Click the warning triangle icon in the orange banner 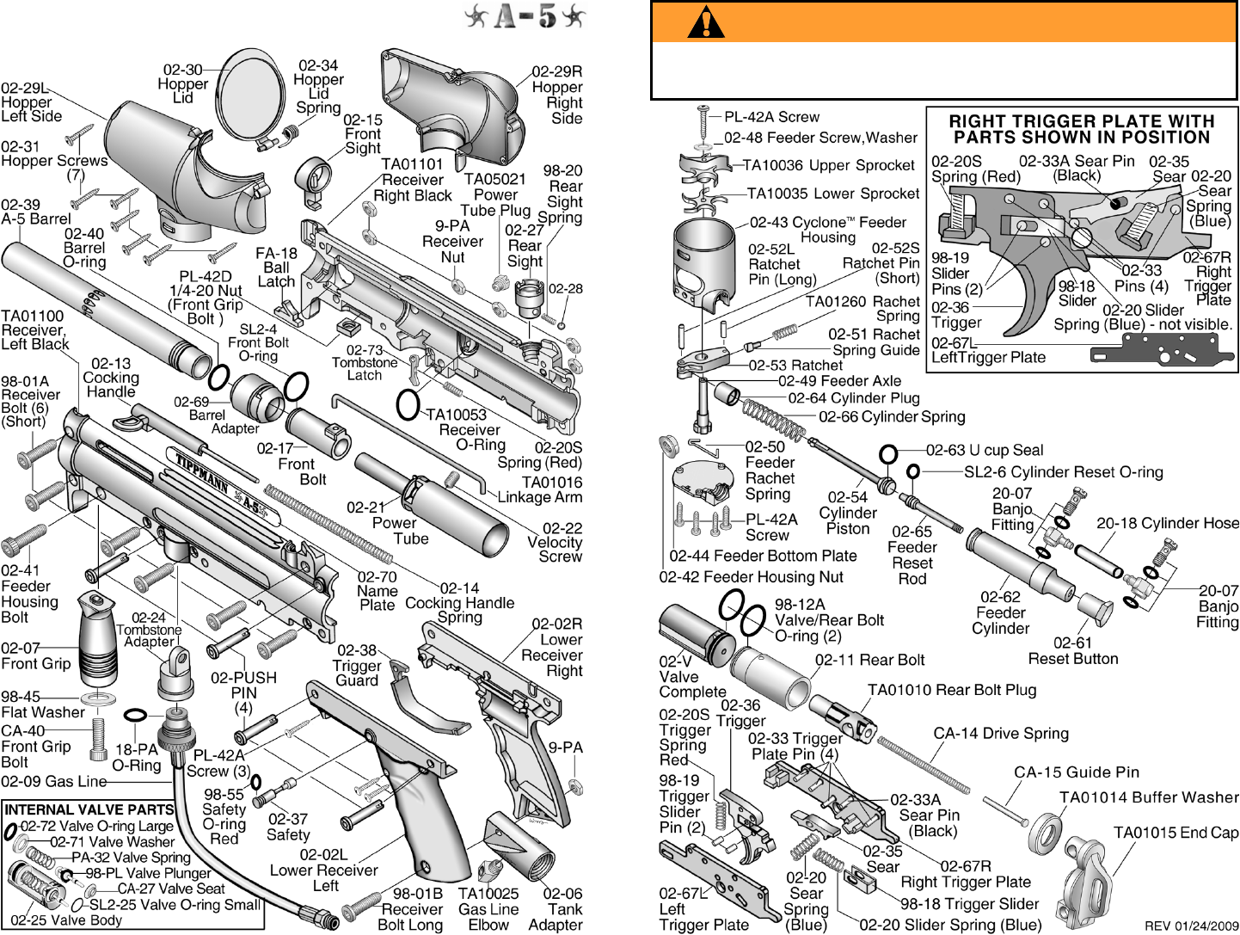(x=706, y=22)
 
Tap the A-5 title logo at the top (x=525, y=15)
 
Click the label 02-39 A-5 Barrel (x=35, y=212)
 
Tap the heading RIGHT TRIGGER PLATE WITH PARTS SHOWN (x=1081, y=129)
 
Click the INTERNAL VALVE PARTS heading (x=89, y=809)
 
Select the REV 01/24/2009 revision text (x=1191, y=926)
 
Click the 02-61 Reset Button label (x=1073, y=650)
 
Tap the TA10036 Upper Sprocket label (x=829, y=165)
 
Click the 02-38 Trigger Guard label (x=356, y=665)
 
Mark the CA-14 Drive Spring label (x=1001, y=734)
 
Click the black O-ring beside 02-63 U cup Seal (x=888, y=453)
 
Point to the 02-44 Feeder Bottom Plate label (x=763, y=556)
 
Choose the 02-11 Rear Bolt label (x=869, y=660)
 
